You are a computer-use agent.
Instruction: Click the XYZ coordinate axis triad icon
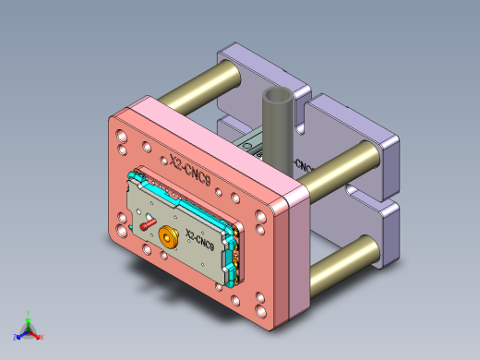29,329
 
